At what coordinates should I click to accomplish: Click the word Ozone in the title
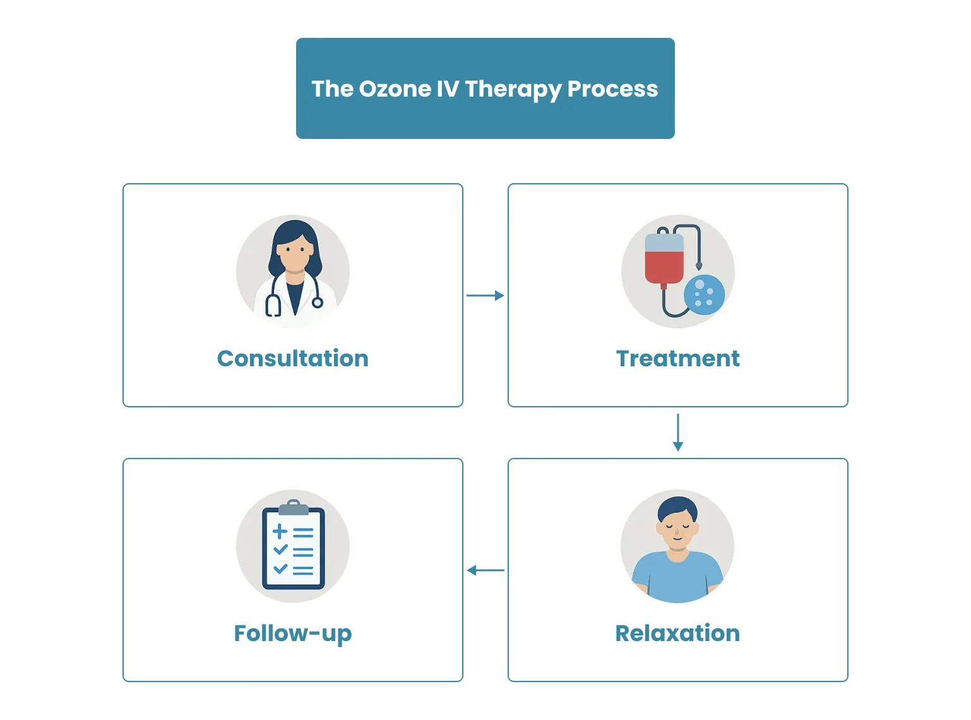coord(395,89)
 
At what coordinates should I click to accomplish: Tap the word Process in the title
coord(612,89)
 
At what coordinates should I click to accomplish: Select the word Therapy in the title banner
coord(512,89)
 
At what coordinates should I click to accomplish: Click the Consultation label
coord(293,358)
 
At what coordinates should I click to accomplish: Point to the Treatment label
coord(677,358)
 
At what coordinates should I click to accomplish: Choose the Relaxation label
coord(677,633)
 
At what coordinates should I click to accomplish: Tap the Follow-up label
coord(293,633)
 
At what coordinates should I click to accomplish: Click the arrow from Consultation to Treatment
coord(485,296)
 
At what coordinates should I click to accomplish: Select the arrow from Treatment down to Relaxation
coord(678,432)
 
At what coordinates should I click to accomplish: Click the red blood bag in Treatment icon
coord(664,265)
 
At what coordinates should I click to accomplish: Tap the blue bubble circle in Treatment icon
coord(704,295)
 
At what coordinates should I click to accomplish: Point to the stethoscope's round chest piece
coord(318,303)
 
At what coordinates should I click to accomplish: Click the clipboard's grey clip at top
coord(293,507)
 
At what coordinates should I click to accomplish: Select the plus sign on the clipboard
coord(280,531)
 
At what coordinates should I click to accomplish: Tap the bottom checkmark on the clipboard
coord(280,568)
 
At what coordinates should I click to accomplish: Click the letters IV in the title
coord(448,89)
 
